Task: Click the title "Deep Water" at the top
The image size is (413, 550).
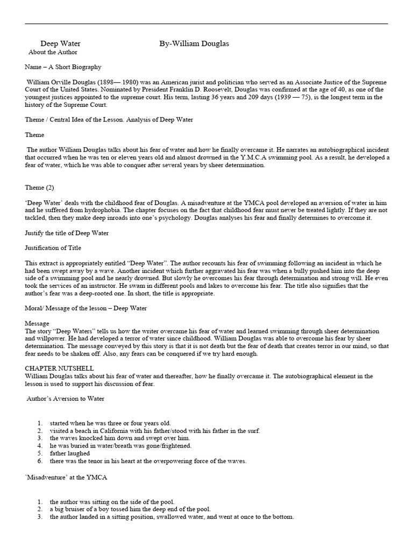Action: pyautogui.click(x=57, y=44)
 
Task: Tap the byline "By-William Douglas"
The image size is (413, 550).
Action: pyautogui.click(x=194, y=44)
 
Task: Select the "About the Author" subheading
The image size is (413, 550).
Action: pyautogui.click(x=53, y=53)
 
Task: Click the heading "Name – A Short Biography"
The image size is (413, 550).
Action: pyautogui.click(x=63, y=67)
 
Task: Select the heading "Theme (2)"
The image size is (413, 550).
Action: pyautogui.click(x=39, y=187)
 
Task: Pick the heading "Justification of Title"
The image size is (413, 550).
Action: pyautogui.click(x=54, y=248)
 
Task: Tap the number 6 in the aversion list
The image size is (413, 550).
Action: pyautogui.click(x=39, y=461)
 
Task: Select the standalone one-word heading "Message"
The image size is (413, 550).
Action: pyautogui.click(x=37, y=323)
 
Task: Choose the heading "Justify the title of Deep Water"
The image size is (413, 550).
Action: pyautogui.click(x=67, y=233)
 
